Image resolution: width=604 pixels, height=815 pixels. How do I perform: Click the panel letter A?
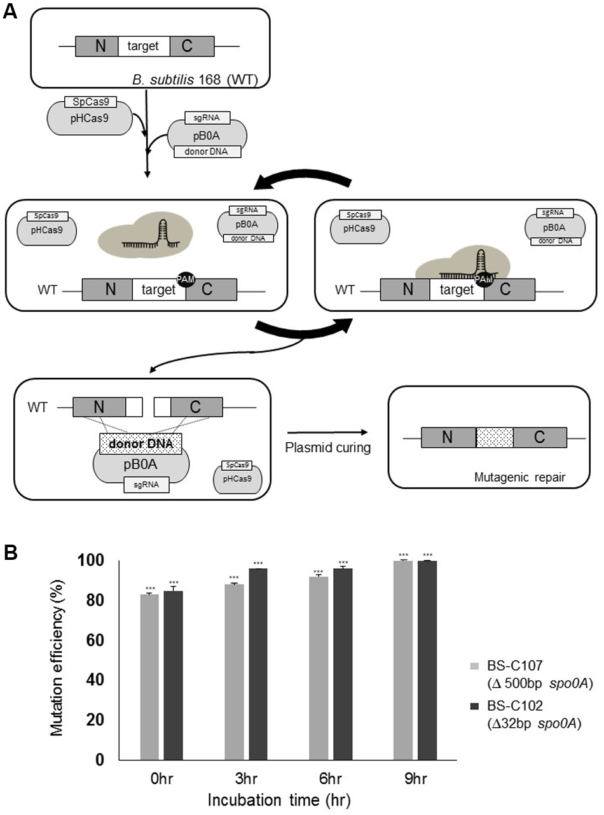[10, 12]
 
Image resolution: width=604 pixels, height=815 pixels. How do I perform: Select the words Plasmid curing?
[328, 447]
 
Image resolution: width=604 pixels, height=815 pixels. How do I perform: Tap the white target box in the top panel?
[143, 46]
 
